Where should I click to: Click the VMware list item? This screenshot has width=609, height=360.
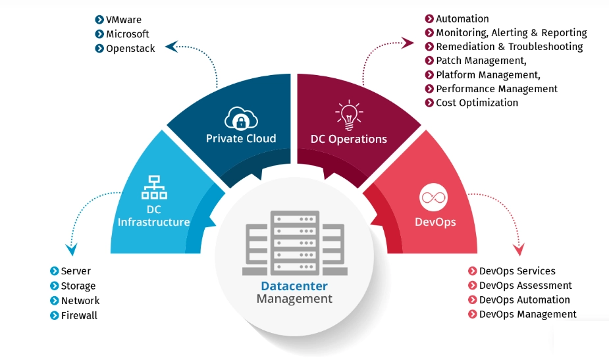coord(123,20)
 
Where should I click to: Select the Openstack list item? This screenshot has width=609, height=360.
coord(130,49)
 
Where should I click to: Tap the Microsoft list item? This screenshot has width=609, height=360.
coord(127,34)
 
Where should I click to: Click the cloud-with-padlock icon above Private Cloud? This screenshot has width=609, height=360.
coord(240,118)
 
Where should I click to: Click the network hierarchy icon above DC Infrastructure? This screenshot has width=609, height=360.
coord(153,188)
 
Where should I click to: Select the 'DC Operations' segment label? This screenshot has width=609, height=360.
coord(349,139)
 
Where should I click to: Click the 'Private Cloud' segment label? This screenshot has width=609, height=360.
coord(241,139)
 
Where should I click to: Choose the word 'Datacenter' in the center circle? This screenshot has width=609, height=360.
coord(294,286)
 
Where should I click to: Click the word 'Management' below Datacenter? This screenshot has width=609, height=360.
coord(294,299)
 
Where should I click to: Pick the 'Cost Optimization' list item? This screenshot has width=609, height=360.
coord(477,103)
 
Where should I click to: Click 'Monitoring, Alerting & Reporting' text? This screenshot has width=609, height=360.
coord(511,33)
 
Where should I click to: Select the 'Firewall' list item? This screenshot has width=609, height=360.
coord(79,315)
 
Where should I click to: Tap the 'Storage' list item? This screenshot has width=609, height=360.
coord(78,286)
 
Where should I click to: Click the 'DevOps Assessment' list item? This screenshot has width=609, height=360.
coord(525,286)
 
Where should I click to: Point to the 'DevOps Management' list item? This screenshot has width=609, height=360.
coord(527,315)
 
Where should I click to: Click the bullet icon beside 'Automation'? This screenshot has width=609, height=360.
coord(429,19)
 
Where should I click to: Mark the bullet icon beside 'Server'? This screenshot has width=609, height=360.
coord(55,271)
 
